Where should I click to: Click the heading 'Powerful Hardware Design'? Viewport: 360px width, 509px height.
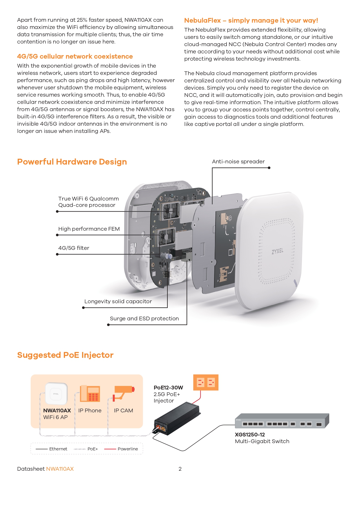point(72,162)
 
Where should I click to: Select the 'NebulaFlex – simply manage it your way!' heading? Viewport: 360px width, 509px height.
point(251,21)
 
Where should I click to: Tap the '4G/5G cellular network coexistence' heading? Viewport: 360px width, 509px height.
point(75,57)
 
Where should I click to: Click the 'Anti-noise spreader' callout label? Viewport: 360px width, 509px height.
point(238,162)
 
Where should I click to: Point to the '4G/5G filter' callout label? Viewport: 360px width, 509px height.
point(74,248)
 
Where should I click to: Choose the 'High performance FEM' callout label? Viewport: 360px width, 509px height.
point(89,229)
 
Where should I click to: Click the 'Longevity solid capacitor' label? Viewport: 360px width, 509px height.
point(118,302)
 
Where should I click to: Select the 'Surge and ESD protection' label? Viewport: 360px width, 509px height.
point(144,319)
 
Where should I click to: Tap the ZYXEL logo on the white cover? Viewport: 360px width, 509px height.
point(277,251)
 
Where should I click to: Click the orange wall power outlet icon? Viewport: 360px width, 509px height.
point(206,382)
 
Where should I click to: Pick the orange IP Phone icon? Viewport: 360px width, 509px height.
point(90,394)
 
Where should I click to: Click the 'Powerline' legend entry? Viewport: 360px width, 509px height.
point(128,449)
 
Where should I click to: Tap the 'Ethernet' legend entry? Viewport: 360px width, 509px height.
point(58,449)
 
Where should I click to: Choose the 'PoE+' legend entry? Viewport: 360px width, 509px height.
point(93,449)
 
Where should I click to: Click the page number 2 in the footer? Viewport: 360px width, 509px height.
point(180,469)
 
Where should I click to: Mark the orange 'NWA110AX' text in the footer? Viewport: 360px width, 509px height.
point(60,469)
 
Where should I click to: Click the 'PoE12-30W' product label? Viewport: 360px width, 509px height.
point(168,388)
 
